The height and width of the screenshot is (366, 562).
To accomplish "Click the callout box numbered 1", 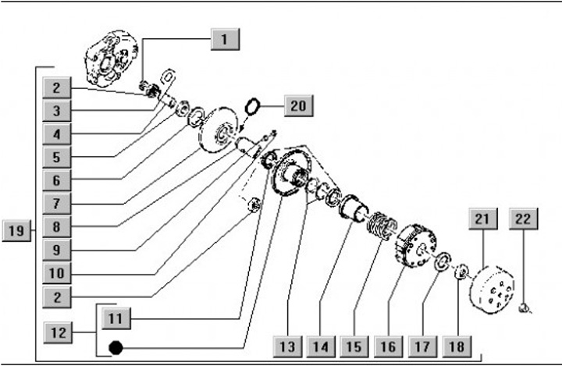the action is [x=225, y=39].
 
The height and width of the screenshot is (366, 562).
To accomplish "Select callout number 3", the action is [x=57, y=111].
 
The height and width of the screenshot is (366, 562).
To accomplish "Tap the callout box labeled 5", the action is [x=57, y=158].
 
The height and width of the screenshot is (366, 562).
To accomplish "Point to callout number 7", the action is [x=57, y=204].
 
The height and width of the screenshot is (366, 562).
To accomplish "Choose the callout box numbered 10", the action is [x=57, y=273].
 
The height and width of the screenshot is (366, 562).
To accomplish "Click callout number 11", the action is [x=116, y=318].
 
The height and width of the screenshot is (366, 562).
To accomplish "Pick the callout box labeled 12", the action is [x=58, y=332].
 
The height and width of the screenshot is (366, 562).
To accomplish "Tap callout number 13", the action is [x=287, y=346].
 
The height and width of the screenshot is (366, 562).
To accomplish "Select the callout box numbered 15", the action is [x=354, y=346].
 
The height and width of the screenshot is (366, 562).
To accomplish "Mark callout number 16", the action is [x=388, y=346].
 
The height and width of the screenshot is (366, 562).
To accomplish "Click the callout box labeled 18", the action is [x=457, y=346].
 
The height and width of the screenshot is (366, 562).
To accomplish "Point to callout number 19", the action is [x=16, y=230].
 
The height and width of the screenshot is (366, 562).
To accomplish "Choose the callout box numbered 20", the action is [x=298, y=106].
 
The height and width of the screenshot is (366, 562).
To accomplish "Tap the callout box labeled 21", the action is [x=483, y=219].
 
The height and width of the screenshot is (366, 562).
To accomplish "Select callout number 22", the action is [x=523, y=219].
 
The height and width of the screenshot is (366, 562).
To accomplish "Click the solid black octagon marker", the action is [x=116, y=348].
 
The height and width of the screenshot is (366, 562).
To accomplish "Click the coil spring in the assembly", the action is [x=382, y=226].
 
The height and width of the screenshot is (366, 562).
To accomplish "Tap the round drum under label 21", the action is [x=493, y=290].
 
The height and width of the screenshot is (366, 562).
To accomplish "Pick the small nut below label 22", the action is [x=525, y=307].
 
